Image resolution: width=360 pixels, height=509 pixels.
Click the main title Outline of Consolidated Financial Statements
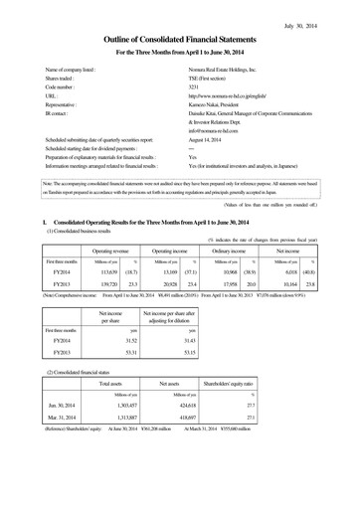(x=180, y=37)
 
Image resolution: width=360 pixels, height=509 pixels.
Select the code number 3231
(x=194, y=85)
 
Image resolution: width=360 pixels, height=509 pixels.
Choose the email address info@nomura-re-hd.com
(x=216, y=130)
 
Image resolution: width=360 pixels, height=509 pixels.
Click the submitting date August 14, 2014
(x=205, y=140)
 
